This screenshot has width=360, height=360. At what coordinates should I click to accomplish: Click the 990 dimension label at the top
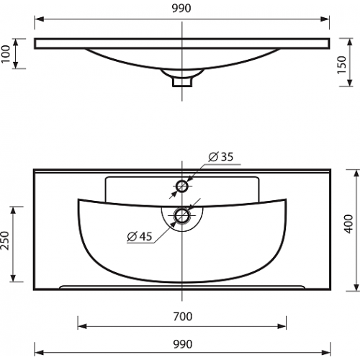tap(181, 8)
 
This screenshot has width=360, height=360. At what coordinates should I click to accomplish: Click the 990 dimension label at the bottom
tap(183, 344)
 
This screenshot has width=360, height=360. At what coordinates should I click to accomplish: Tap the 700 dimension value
tap(183, 317)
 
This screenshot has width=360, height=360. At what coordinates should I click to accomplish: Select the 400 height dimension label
tap(348, 224)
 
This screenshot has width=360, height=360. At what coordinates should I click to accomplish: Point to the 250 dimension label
tap(5, 240)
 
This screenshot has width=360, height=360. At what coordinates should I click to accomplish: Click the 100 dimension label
tap(6, 54)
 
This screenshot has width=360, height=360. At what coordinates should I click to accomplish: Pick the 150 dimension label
tap(342, 65)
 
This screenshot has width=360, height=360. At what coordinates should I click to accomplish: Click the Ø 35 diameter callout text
tap(220, 157)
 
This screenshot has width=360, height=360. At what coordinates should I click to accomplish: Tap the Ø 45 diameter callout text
tap(140, 236)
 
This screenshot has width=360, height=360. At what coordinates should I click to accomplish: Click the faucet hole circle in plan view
tap(182, 186)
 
